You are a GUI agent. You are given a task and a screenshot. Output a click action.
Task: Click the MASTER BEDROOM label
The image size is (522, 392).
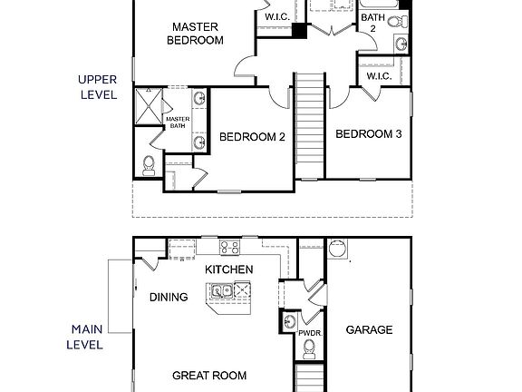click(x=197, y=34)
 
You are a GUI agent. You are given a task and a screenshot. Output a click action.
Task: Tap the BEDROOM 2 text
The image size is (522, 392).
click(x=253, y=137)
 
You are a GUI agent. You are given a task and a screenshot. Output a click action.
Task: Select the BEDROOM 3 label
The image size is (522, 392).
click(x=369, y=134)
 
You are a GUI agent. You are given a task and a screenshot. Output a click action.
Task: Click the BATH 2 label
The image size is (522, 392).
click(x=372, y=23)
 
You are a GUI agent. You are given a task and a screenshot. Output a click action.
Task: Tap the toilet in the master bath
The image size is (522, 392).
click(x=150, y=164)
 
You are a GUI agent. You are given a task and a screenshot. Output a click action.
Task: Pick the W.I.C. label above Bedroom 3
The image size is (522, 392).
click(x=378, y=76)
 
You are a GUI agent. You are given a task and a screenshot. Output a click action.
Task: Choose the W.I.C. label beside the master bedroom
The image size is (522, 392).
click(x=276, y=17)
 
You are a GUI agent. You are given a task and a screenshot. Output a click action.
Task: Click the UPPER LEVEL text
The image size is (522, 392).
click(x=99, y=87)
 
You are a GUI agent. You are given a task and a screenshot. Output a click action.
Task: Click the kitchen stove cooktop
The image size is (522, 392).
click(x=228, y=246)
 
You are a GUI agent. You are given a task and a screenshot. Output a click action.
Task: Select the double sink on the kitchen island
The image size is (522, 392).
click(x=219, y=291)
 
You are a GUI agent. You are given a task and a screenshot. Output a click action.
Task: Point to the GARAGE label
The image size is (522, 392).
click(x=369, y=329)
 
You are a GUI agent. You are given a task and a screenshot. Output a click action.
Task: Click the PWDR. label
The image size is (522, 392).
click(x=310, y=333)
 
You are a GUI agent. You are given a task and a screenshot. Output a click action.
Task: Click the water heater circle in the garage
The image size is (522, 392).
click(x=337, y=248)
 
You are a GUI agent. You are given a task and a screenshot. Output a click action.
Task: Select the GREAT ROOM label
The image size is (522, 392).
click(x=209, y=375)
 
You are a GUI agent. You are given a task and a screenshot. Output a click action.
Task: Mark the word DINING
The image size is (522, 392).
click(x=169, y=297)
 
